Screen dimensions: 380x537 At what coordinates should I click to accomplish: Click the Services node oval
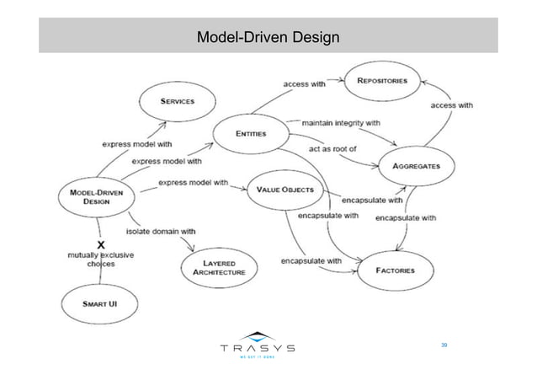click(x=178, y=101)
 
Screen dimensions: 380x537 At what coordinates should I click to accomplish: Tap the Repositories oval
click(x=383, y=82)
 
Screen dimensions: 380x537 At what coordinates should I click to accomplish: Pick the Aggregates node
click(x=416, y=166)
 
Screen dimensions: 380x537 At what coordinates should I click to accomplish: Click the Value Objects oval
click(x=286, y=190)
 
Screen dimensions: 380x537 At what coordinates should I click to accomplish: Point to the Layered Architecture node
click(x=218, y=268)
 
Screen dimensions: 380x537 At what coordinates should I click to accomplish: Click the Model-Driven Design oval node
click(x=96, y=196)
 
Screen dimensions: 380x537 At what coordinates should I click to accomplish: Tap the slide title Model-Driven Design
click(x=268, y=38)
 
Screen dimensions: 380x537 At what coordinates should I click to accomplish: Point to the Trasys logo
click(x=257, y=346)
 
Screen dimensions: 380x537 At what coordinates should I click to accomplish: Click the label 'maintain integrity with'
click(x=341, y=124)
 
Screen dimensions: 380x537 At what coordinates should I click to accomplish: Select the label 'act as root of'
click(x=334, y=149)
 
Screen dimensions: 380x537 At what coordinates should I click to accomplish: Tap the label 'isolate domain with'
click(x=161, y=230)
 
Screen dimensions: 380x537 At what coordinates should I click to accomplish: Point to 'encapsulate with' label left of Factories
click(x=311, y=261)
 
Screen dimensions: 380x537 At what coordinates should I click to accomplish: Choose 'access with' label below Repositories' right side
click(x=452, y=106)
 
